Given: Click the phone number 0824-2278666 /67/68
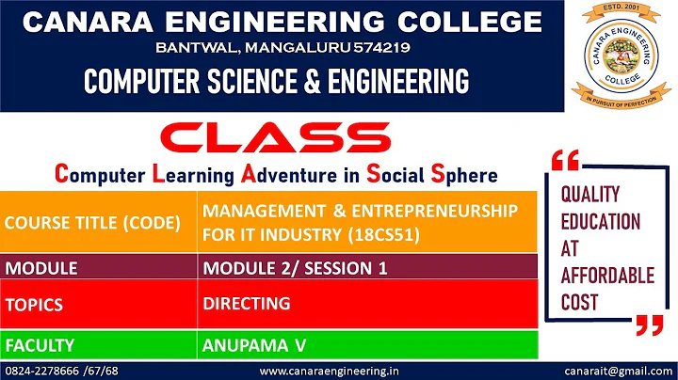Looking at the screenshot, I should [62, 372].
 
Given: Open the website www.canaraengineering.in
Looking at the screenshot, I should [329, 372].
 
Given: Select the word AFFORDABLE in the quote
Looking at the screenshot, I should [606, 276].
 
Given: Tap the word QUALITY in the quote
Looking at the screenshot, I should [590, 195].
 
